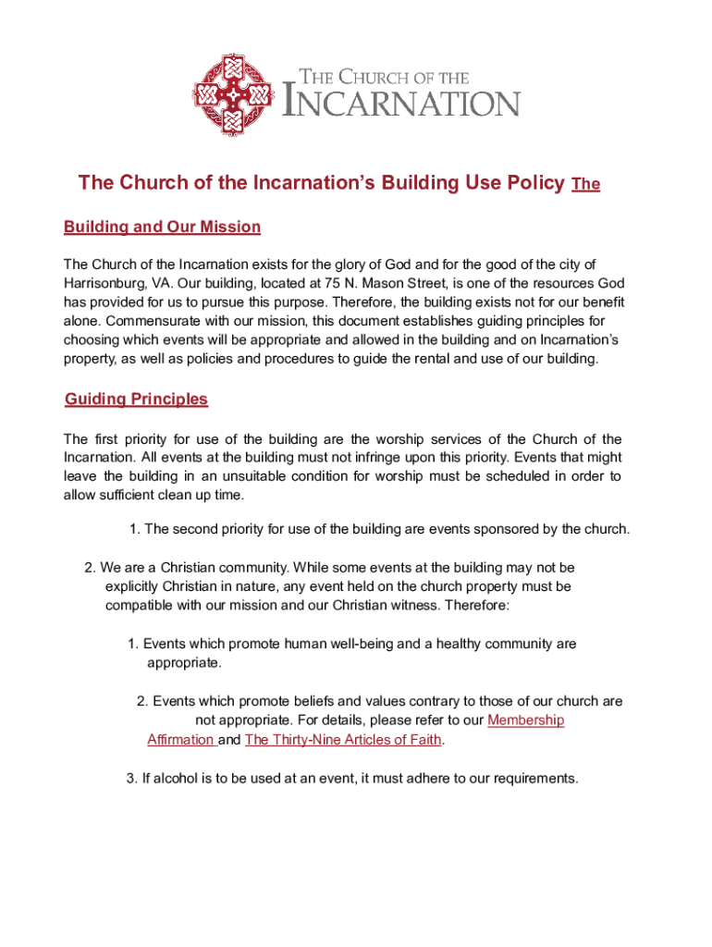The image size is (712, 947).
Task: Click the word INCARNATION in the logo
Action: coord(400,103)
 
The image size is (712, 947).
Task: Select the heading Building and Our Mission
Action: coord(162,228)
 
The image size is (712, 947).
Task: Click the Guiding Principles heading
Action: coord(137,399)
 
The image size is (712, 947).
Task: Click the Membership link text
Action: coord(525,720)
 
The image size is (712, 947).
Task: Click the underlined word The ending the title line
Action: coord(586,184)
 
